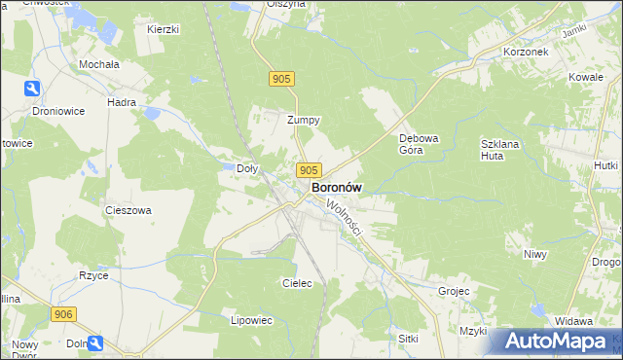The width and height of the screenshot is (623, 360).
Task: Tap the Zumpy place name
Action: pos(304,121)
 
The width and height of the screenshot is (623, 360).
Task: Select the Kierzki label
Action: pos(164,29)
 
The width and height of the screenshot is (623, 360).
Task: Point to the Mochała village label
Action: pos(99,65)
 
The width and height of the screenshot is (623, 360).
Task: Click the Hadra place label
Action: pos(122,101)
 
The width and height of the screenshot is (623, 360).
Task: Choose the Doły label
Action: pos(247,167)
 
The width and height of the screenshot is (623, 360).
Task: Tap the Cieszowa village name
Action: pos(128,209)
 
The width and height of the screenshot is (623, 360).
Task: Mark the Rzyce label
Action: pos(93,275)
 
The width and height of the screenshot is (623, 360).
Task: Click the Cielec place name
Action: pos(296,283)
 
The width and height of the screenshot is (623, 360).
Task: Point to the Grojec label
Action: pos(454,290)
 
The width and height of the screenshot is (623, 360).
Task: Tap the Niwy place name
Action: pos(535,254)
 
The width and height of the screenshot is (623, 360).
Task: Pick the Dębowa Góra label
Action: pos(420,143)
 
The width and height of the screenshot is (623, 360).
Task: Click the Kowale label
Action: pos(586,75)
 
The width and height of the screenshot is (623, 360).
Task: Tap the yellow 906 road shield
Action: pos(64,313)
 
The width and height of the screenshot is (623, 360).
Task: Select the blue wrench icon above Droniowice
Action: pos(32,89)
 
